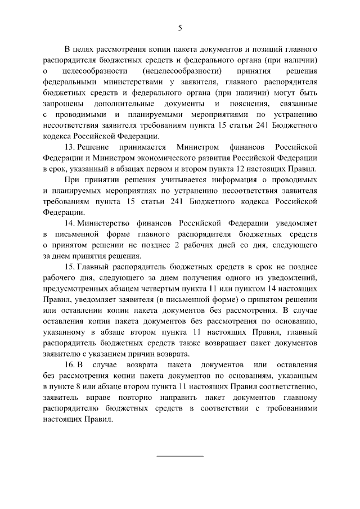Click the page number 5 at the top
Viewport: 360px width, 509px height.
coord(180,27)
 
